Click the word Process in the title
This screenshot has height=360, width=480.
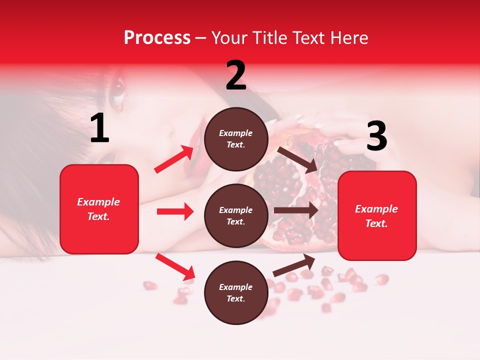pyautogui.click(x=157, y=38)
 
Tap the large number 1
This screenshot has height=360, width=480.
pyautogui.click(x=99, y=128)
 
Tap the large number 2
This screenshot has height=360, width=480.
pyautogui.click(x=235, y=75)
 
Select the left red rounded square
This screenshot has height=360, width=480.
pyautogui.click(x=99, y=209)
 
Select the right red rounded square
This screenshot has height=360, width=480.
pyautogui.click(x=377, y=215)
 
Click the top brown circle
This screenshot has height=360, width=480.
pyautogui.click(x=236, y=139)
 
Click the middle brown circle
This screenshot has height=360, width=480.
pyautogui.click(x=236, y=215)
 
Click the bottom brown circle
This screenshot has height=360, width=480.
pyautogui.click(x=236, y=292)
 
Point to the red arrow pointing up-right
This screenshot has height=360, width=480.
pyautogui.click(x=174, y=159)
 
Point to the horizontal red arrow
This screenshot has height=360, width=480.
pyautogui.click(x=175, y=211)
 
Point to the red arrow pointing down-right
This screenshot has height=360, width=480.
pyautogui.click(x=175, y=266)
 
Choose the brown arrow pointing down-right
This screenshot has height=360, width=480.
pyautogui.click(x=298, y=159)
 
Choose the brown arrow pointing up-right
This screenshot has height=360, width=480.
pyautogui.click(x=294, y=265)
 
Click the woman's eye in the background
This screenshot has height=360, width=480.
pyautogui.click(x=117, y=89)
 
